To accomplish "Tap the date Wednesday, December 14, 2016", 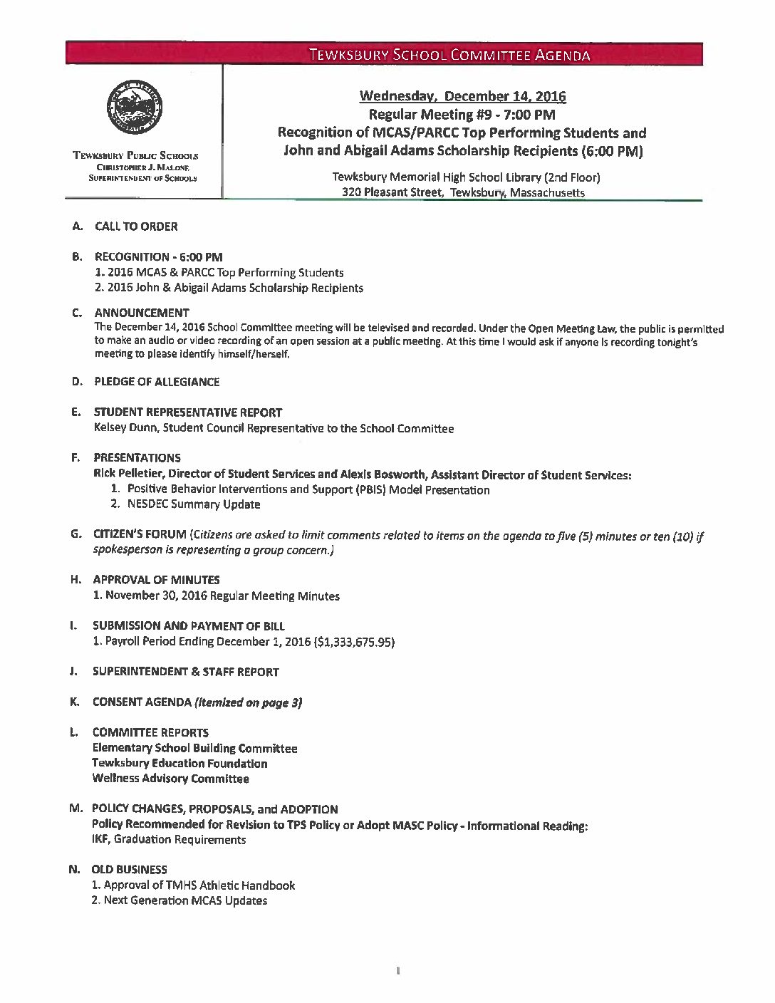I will pos(462,96).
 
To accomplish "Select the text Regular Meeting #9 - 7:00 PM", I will pos(462,114).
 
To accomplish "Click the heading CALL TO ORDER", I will pos(136,227).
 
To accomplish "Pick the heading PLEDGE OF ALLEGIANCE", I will pos(157,382).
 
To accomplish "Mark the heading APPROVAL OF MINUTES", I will pos(156,580).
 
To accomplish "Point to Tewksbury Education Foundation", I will pos(180,764).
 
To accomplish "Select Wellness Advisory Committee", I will pos(170,779).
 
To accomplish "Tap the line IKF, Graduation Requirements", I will pos(169,839).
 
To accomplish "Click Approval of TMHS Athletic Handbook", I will pos(199,885).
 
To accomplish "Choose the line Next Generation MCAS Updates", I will pos(185,900).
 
